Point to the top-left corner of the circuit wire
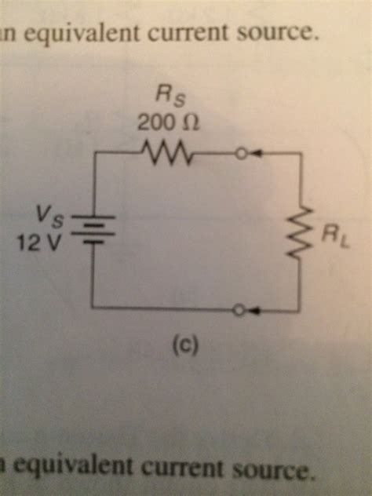click(x=93, y=155)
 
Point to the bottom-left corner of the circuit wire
click(x=93, y=308)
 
